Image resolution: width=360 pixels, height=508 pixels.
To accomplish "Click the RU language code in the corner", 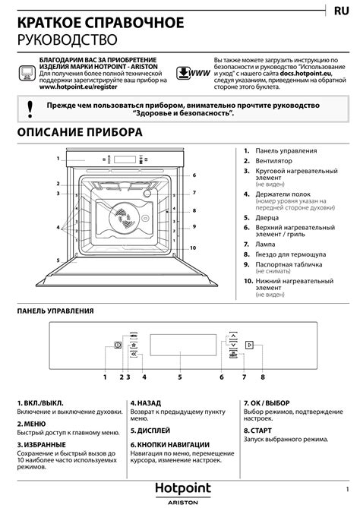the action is tap(341, 11).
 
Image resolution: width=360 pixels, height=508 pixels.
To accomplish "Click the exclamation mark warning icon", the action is tap(30, 109).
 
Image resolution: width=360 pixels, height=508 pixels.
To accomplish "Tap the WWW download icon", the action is tap(193, 73).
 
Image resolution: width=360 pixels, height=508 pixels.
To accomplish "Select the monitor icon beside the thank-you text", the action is tap(27, 73).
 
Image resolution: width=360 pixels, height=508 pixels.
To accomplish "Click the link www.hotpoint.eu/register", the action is tap(78, 87).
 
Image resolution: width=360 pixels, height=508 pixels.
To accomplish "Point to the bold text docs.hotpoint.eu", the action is tap(305, 73).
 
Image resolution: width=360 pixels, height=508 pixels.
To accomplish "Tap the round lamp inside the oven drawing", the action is tap(147, 194).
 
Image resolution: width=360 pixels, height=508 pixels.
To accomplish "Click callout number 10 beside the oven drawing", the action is tap(193, 248).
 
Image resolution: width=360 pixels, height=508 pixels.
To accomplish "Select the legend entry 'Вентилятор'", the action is tap(274, 161).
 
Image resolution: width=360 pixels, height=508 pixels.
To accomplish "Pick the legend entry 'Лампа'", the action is tap(265, 245).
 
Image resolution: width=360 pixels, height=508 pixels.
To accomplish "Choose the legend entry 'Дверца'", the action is tap(267, 218).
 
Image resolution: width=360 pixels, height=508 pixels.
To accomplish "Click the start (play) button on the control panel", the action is tap(249, 345).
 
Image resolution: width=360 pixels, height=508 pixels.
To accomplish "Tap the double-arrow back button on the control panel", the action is tap(134, 355).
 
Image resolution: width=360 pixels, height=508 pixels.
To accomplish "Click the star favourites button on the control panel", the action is tap(134, 345).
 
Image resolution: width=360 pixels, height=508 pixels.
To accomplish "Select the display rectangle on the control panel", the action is tap(183, 345).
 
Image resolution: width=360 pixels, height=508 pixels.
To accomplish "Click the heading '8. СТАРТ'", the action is tap(257, 431).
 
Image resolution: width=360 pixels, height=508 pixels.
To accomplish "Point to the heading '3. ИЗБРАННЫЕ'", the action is tap(41, 444).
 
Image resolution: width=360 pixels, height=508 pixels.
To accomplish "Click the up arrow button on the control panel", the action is tap(233, 335).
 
